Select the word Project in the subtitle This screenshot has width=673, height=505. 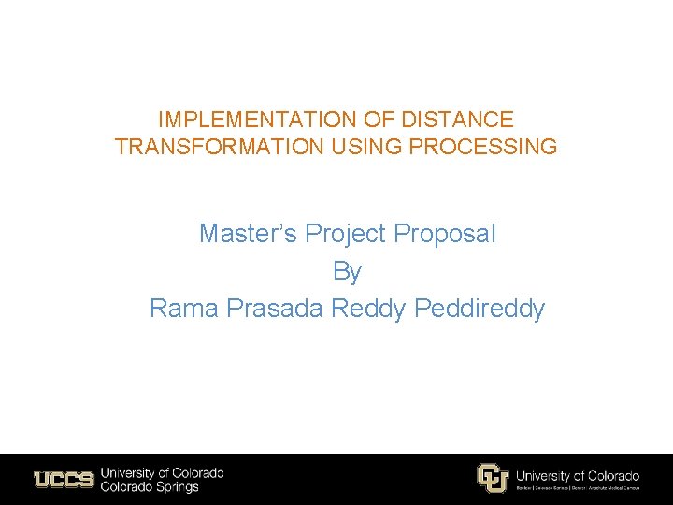[x=347, y=234]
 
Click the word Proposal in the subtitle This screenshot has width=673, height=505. [x=445, y=234]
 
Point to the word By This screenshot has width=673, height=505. [x=348, y=271]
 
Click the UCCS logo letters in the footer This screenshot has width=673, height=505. [x=64, y=480]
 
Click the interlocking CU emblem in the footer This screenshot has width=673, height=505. [x=492, y=478]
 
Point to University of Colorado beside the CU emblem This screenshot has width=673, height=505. [x=578, y=475]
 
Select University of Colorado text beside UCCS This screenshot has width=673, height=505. [x=162, y=473]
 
